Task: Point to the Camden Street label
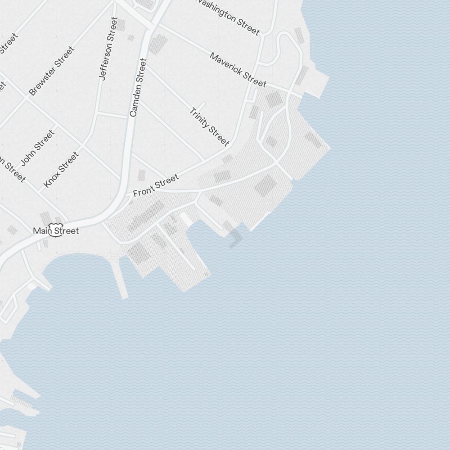[138, 87]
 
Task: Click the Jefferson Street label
[108, 49]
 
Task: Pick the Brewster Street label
[51, 71]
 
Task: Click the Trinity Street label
[209, 127]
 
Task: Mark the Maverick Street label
[238, 70]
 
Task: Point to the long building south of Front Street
[147, 216]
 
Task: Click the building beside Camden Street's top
[157, 44]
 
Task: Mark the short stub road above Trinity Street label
[201, 106]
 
